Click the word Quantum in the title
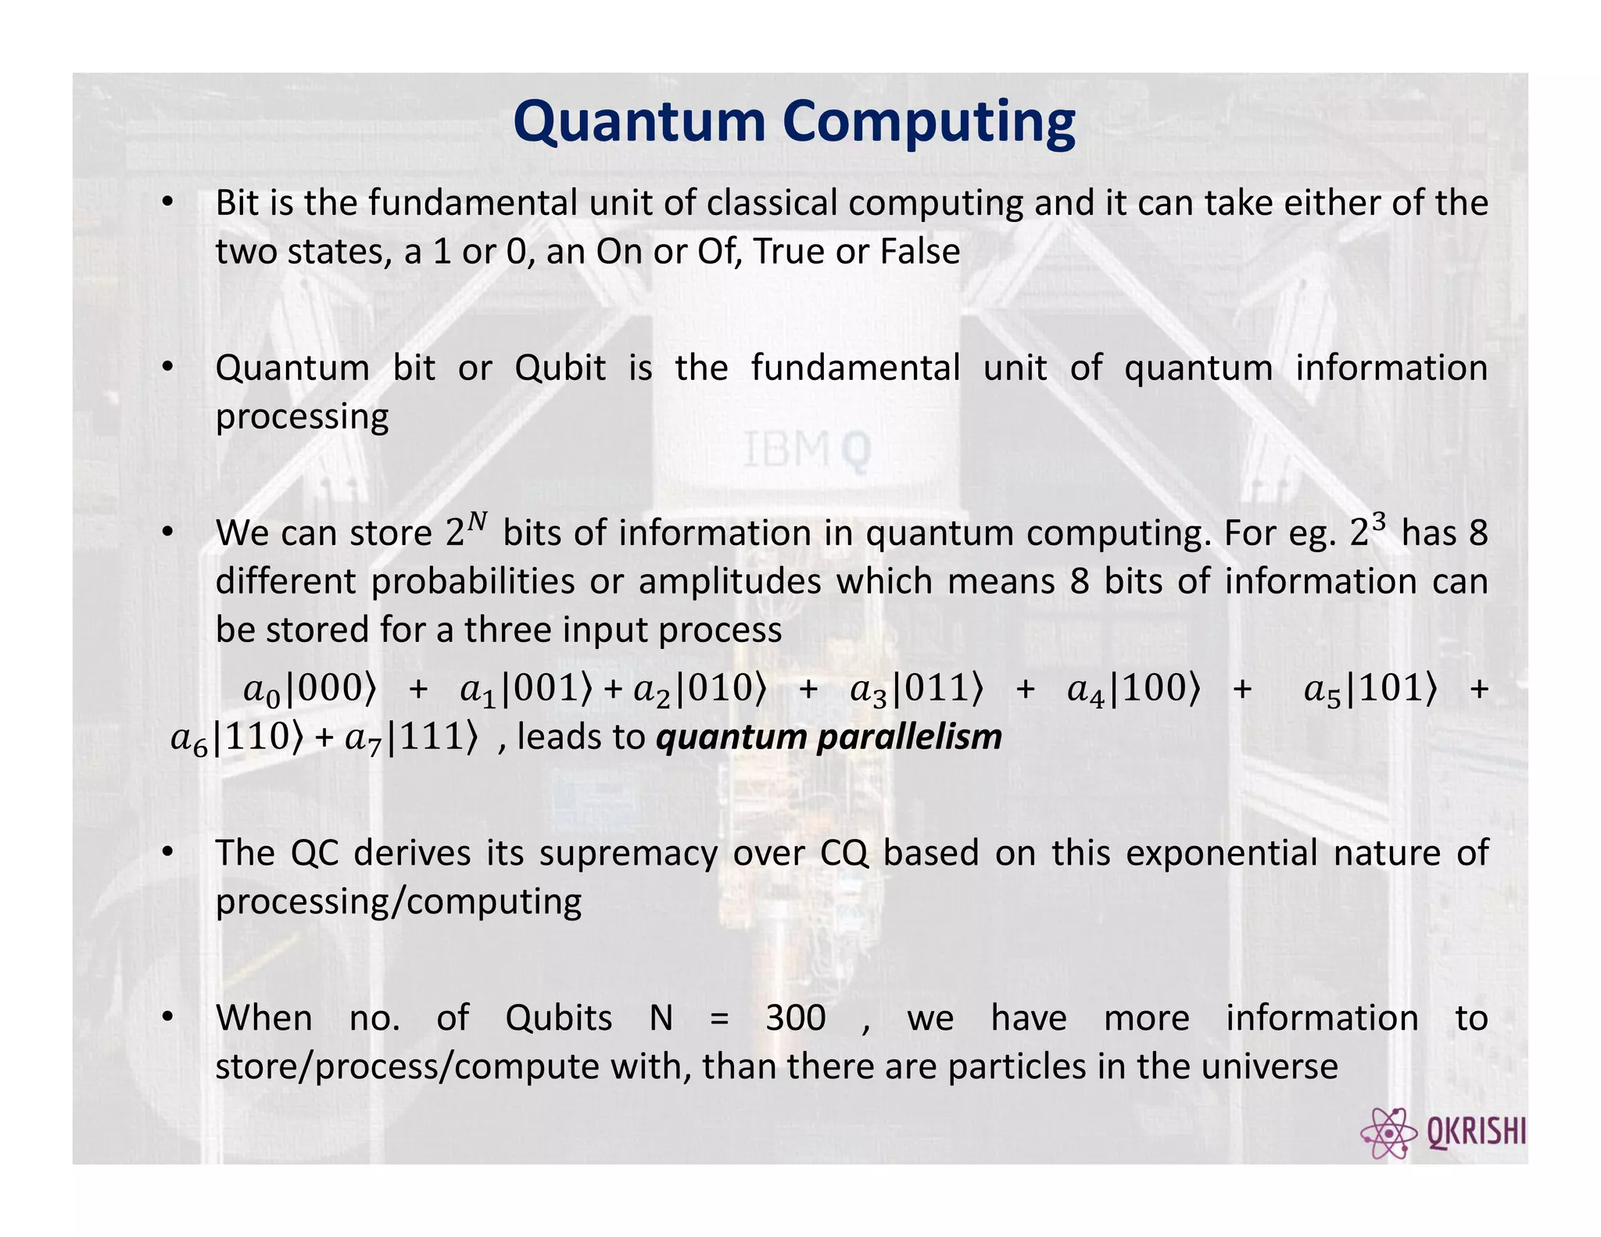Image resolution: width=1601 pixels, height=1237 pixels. coord(639,124)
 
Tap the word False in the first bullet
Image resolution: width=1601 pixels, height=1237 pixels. coord(920,252)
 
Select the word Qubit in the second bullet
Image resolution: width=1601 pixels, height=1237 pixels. coord(560,368)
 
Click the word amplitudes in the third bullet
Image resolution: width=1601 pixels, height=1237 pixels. coord(729,582)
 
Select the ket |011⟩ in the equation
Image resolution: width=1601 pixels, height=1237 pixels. coord(937,689)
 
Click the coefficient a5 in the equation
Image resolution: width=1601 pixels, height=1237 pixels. coord(1322,690)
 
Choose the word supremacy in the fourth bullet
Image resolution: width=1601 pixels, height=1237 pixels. coord(628,853)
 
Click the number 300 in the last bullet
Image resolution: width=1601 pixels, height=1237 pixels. coord(795,1018)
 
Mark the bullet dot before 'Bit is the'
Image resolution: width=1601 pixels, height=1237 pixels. coord(167,203)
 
